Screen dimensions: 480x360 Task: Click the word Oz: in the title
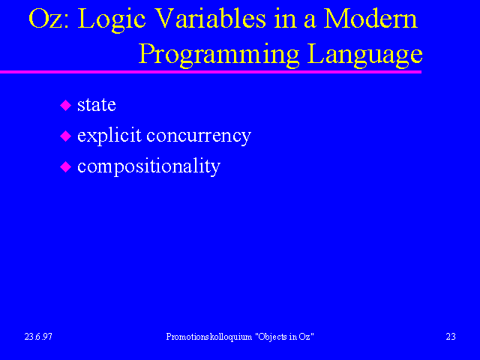pos(48,19)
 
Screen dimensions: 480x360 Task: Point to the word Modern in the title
pos(370,18)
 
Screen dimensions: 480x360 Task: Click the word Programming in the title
pos(219,55)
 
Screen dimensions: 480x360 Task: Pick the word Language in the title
pos(365,55)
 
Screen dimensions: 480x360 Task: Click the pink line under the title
pos(211,72)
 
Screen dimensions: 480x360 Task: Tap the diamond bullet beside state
pos(65,105)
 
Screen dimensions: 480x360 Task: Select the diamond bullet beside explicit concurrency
pos(65,136)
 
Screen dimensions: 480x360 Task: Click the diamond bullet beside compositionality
pos(65,167)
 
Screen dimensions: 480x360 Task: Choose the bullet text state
pos(97,105)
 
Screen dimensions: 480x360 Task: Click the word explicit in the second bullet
pos(109,136)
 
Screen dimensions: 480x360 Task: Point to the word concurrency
pos(199,136)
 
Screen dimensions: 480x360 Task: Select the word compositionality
pos(148,167)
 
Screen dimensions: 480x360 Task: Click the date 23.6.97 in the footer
pos(38,337)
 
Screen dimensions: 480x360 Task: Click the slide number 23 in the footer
pos(451,337)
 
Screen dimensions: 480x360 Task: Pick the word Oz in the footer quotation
pos(304,337)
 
